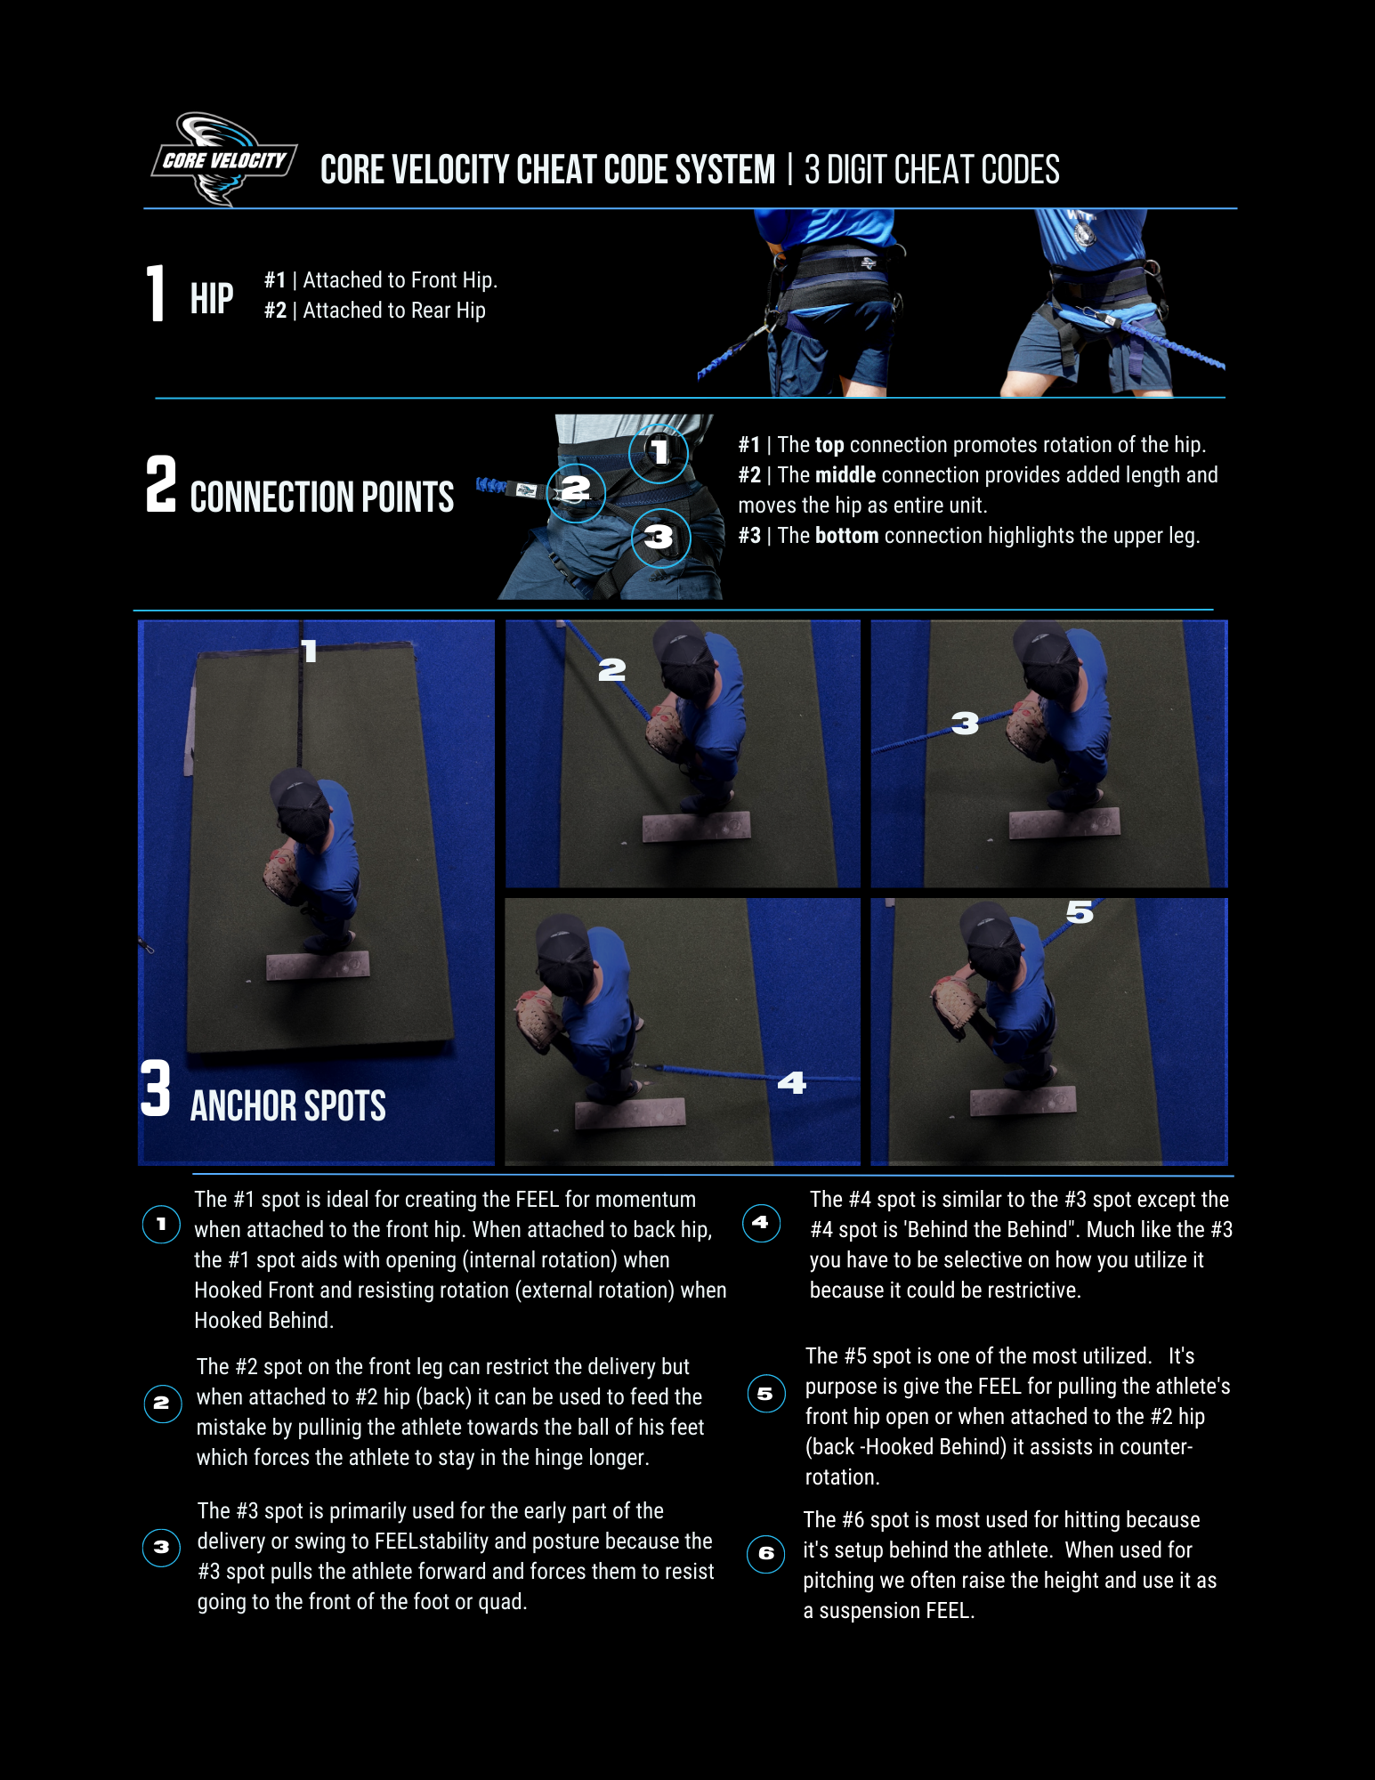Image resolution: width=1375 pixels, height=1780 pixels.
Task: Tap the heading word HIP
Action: (x=212, y=298)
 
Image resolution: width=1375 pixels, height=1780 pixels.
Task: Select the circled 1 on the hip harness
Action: (x=658, y=452)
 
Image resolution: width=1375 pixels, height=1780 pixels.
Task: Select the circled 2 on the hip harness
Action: (x=576, y=490)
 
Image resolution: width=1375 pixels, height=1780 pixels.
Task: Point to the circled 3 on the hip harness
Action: (x=660, y=537)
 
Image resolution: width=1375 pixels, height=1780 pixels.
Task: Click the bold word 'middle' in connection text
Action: (x=845, y=474)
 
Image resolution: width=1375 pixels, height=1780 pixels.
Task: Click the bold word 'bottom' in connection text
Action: (x=846, y=535)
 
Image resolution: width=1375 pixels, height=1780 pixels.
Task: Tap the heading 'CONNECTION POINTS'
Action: (x=321, y=497)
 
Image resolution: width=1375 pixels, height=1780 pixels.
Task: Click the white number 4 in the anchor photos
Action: (x=791, y=1082)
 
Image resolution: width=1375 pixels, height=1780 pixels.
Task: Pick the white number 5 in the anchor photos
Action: (x=1080, y=911)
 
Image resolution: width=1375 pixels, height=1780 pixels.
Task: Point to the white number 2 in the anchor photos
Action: (x=611, y=669)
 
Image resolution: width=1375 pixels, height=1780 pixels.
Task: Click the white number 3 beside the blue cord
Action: (x=965, y=723)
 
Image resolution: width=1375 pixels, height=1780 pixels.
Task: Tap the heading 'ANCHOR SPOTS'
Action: (x=287, y=1105)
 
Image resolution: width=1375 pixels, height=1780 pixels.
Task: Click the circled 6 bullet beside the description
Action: (x=765, y=1554)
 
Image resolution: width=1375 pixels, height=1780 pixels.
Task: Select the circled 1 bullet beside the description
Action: (x=161, y=1225)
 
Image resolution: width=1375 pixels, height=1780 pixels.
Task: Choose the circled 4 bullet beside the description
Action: (x=761, y=1223)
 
